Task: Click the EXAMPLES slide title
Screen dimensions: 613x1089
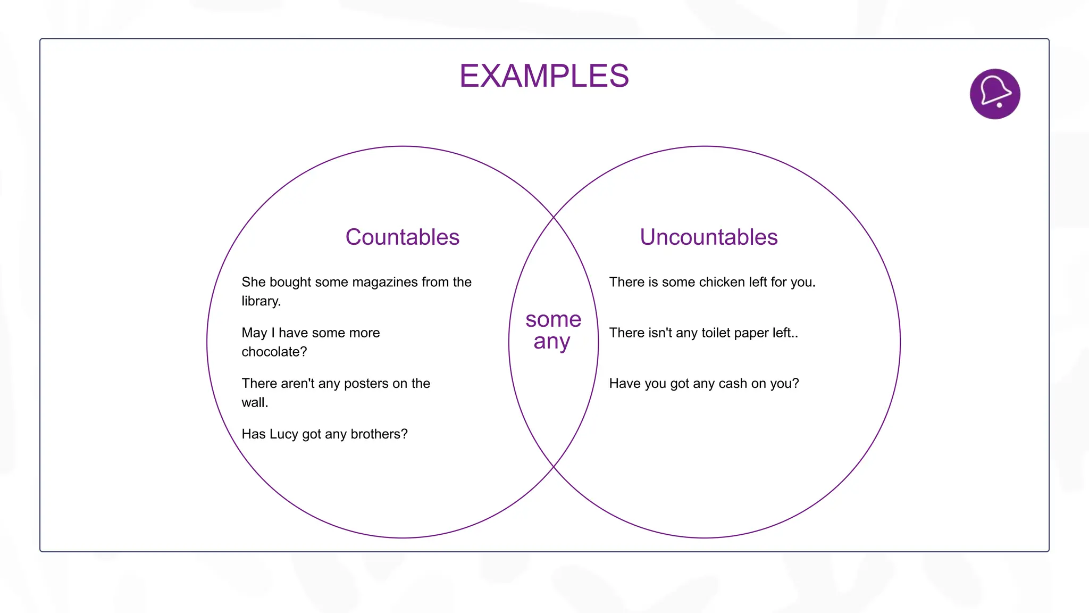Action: pos(544,76)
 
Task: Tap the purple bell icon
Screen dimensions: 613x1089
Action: pos(994,94)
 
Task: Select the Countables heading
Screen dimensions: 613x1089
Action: pos(402,237)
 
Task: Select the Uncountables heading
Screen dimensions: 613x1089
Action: pos(708,237)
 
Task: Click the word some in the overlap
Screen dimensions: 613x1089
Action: pos(553,319)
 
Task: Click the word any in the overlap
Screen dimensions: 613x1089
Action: pos(551,342)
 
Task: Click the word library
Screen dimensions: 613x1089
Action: pos(261,301)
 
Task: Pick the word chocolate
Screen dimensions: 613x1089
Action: pos(274,352)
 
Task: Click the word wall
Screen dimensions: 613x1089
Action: pos(254,403)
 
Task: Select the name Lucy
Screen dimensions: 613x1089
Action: pos(284,434)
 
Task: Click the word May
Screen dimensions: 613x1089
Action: pos(254,333)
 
